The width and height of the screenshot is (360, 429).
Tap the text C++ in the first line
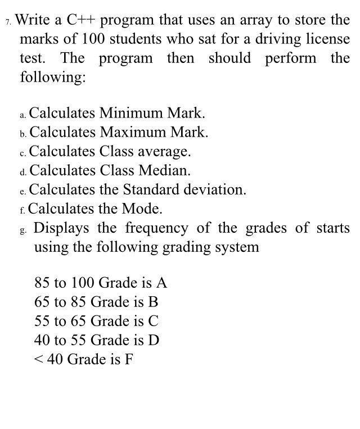(82, 21)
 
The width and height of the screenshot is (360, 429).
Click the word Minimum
(132, 114)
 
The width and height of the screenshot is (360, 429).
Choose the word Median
(163, 170)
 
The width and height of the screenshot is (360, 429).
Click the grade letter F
(129, 359)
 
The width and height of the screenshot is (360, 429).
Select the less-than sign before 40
(39, 359)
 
